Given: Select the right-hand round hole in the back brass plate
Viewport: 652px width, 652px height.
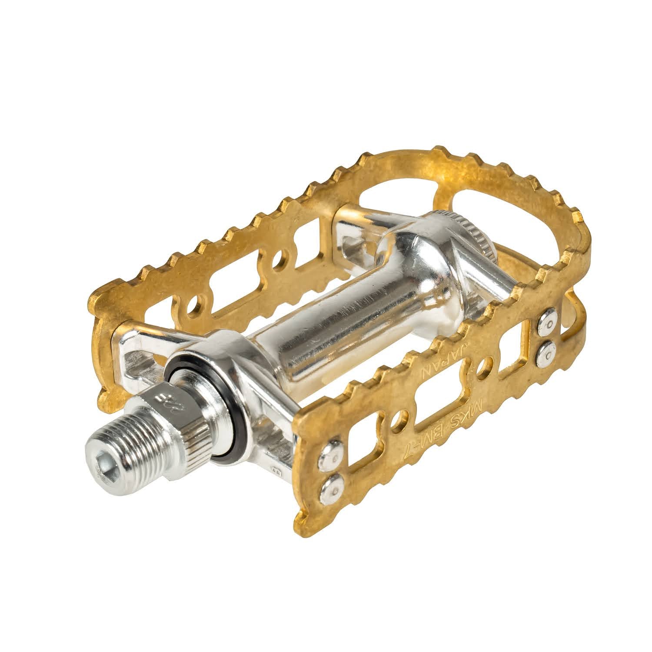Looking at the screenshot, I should pos(278,260).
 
